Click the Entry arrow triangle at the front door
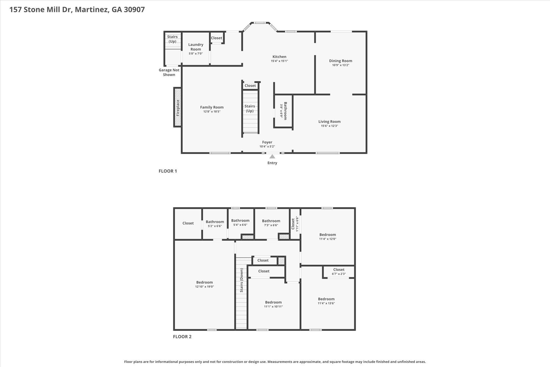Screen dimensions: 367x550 [x=272, y=156]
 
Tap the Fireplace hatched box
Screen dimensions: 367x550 [x=178, y=107]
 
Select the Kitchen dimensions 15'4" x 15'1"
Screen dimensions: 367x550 [x=279, y=61]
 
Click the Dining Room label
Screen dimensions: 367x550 [x=341, y=61]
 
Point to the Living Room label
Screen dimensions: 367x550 [x=329, y=122]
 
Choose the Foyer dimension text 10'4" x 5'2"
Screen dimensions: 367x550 [x=267, y=147]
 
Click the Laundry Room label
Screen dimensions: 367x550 [x=196, y=47]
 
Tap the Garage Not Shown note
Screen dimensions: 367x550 [x=169, y=72]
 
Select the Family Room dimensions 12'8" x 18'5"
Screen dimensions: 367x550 [x=212, y=112]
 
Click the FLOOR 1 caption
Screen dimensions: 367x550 [x=168, y=171]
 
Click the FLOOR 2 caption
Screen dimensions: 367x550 [x=182, y=337]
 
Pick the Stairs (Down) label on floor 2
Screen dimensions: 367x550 [x=241, y=280]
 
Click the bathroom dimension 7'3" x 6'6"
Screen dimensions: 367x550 [x=271, y=225]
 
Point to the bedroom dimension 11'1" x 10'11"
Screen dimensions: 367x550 [x=273, y=307]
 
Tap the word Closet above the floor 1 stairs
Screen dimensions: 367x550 [x=250, y=86]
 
